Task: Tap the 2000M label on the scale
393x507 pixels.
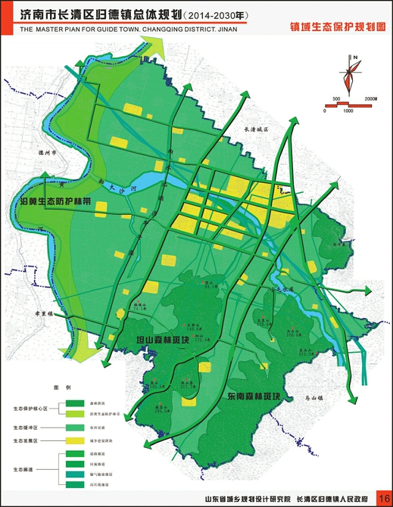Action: point(370,99)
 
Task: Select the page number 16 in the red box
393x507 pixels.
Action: point(383,499)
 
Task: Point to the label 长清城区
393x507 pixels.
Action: point(256,129)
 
